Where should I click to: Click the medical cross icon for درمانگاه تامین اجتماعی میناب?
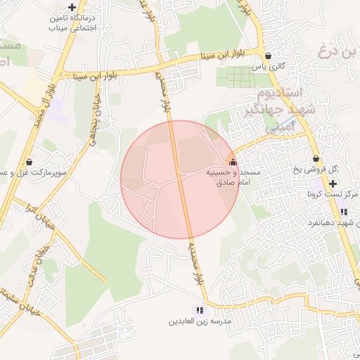[72, 7]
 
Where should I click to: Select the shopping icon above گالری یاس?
[268, 56]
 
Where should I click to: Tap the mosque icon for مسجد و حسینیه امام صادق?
[233, 160]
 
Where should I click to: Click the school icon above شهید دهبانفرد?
[343, 212]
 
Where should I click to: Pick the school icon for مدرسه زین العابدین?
[200, 310]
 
